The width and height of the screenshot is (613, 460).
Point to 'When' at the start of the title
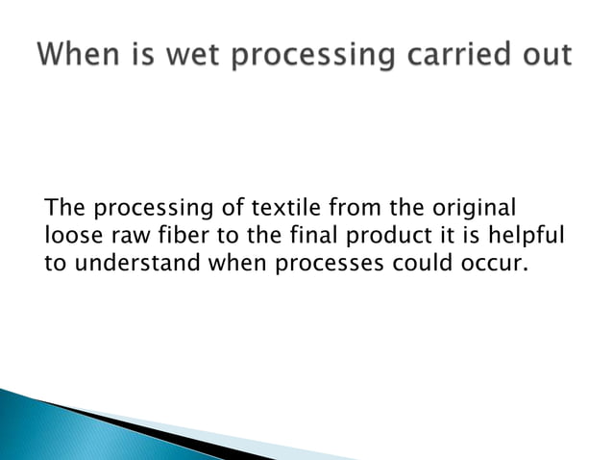76,55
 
